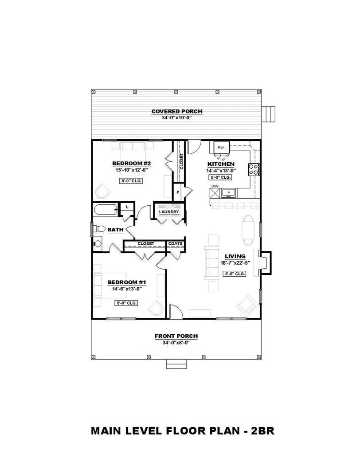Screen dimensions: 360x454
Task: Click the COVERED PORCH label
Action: [x=177, y=111]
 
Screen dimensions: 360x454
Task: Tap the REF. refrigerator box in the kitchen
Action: [x=222, y=147]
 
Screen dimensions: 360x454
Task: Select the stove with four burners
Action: [x=254, y=169]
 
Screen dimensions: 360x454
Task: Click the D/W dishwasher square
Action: [x=215, y=193]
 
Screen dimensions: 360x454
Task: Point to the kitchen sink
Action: [x=229, y=193]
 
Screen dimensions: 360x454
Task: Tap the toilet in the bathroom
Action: [x=99, y=229]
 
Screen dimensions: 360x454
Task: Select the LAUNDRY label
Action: [x=169, y=212]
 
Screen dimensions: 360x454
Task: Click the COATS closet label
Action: [x=176, y=244]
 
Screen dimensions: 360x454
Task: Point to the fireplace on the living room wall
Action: [x=265, y=262]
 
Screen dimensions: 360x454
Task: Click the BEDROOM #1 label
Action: [x=127, y=282]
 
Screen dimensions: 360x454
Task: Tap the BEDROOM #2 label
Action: [x=132, y=163]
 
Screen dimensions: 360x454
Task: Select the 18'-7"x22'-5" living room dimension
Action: [x=235, y=263]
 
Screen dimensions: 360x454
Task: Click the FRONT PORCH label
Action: [x=176, y=336]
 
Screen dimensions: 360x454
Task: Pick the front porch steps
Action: [x=176, y=364]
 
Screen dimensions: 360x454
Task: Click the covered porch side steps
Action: [x=268, y=115]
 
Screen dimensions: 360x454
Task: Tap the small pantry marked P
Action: [x=178, y=192]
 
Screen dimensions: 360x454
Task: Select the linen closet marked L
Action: [x=127, y=207]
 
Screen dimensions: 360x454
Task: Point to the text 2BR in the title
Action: [x=263, y=431]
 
